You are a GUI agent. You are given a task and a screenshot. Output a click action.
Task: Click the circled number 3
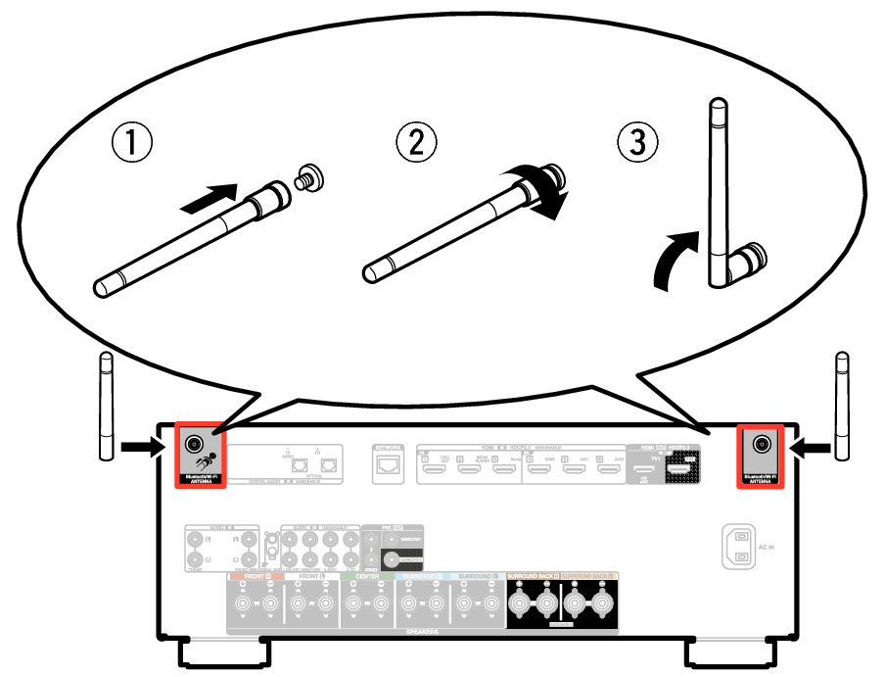tap(637, 144)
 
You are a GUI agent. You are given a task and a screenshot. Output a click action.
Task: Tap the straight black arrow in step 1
tap(211, 196)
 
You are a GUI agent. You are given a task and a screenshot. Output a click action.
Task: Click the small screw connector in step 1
tap(310, 178)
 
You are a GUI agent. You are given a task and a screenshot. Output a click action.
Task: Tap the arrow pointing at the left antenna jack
tap(144, 449)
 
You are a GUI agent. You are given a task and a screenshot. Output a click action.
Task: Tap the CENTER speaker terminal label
tap(367, 576)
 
